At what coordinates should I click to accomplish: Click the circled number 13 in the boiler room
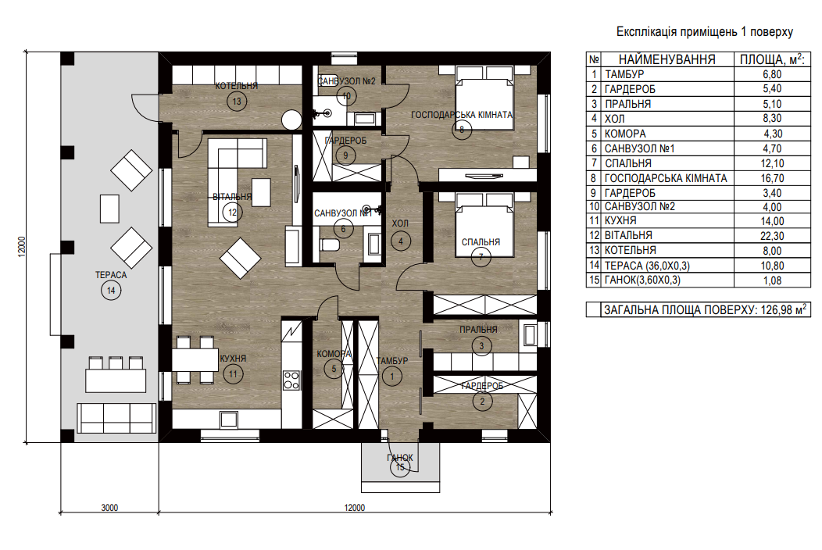pyautogui.click(x=237, y=102)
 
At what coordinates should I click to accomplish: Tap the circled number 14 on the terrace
pyautogui.click(x=111, y=291)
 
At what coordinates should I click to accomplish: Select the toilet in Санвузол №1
pyautogui.click(x=329, y=245)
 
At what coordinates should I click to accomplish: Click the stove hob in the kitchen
pyautogui.click(x=291, y=380)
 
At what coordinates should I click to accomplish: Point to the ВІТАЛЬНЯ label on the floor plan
pyautogui.click(x=232, y=197)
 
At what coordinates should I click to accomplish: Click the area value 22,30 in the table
pyautogui.click(x=772, y=236)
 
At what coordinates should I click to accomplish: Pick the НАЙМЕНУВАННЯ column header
pyautogui.click(x=667, y=60)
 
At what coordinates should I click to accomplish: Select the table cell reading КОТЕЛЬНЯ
pyautogui.click(x=630, y=251)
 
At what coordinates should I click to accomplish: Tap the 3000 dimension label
pyautogui.click(x=109, y=508)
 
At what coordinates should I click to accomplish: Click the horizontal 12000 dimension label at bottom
pyautogui.click(x=355, y=508)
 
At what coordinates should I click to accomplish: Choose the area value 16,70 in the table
pyautogui.click(x=772, y=179)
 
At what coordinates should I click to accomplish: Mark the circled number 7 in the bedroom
pyautogui.click(x=481, y=257)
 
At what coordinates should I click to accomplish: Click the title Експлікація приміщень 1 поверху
pyautogui.click(x=705, y=32)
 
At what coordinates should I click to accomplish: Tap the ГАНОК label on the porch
pyautogui.click(x=400, y=458)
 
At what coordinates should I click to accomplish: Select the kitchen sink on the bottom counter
pyautogui.click(x=229, y=419)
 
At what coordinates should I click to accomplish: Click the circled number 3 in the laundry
pyautogui.click(x=481, y=345)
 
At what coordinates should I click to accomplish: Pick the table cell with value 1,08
pyautogui.click(x=772, y=280)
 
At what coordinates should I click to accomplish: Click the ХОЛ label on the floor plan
pyautogui.click(x=400, y=223)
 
